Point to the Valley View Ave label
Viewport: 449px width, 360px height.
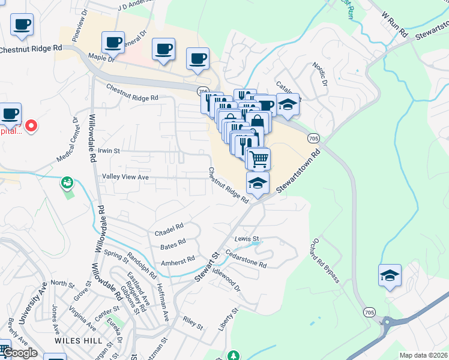click(125, 178)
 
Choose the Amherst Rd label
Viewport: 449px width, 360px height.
click(178, 262)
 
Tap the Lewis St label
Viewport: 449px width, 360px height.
click(247, 239)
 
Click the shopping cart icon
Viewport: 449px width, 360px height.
click(259, 159)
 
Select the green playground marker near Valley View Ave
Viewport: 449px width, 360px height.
click(67, 181)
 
